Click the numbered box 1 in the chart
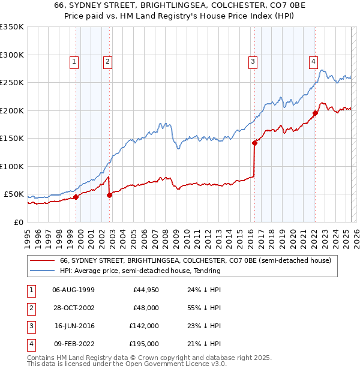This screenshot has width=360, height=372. pos(74,61)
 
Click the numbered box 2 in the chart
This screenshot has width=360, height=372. pos(107,61)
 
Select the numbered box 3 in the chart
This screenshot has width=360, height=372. pos(253,61)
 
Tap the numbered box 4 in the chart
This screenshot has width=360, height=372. pos(313,61)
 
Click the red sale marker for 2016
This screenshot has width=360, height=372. pos(254,143)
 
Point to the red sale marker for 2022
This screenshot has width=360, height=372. pos(314,113)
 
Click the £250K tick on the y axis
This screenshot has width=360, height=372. pos(13,83)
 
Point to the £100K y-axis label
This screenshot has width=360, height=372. pos(13,166)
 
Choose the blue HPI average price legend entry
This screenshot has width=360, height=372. pos(140,271)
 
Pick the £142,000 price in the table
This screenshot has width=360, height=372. pos(145,326)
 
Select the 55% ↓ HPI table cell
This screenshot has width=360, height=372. pos(205,308)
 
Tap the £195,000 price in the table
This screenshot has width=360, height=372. pos(145,344)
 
